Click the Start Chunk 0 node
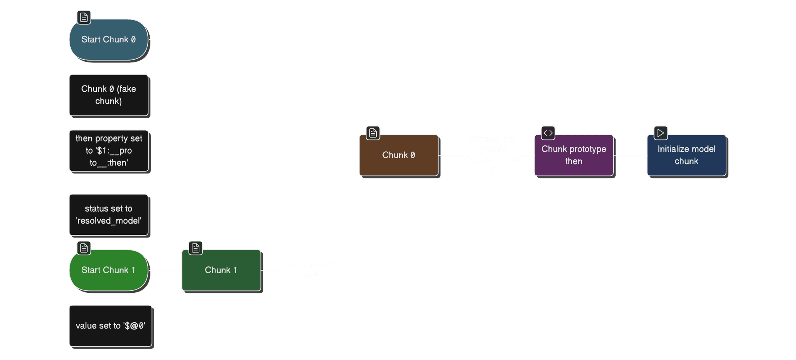(x=108, y=40)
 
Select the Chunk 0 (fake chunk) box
(x=108, y=95)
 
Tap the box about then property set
(x=108, y=151)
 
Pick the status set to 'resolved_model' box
(x=108, y=215)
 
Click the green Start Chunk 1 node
(x=108, y=270)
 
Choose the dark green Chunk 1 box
(x=221, y=270)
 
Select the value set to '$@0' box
(x=110, y=326)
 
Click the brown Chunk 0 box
(x=398, y=155)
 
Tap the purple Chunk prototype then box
(x=574, y=155)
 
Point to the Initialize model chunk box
(x=686, y=155)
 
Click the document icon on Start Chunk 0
(x=84, y=17)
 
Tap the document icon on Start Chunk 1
(x=84, y=248)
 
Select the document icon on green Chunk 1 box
(x=196, y=248)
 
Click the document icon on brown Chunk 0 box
(x=373, y=133)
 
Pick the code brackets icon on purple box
(x=548, y=133)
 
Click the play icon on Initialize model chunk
(x=661, y=133)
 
